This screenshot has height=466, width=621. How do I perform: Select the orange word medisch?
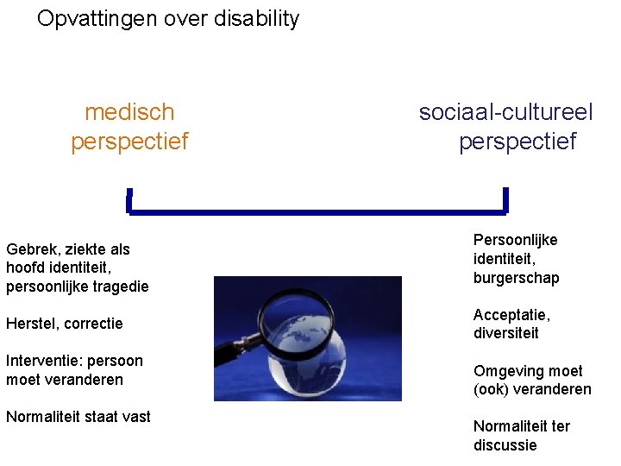click(129, 112)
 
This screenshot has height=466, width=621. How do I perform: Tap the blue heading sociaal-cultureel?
click(506, 112)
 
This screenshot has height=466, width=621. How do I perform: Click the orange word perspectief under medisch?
click(129, 141)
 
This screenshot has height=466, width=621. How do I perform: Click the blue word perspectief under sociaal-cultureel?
click(517, 141)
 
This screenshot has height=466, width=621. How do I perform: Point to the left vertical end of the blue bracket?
click(129, 200)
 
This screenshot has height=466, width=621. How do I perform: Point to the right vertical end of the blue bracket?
click(505, 199)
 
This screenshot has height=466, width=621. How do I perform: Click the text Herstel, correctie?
click(65, 324)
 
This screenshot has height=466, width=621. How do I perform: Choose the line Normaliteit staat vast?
click(78, 417)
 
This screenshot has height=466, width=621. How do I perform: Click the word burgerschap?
click(517, 278)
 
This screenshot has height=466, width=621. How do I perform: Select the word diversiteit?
click(505, 333)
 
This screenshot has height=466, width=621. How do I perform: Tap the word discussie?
click(505, 445)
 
